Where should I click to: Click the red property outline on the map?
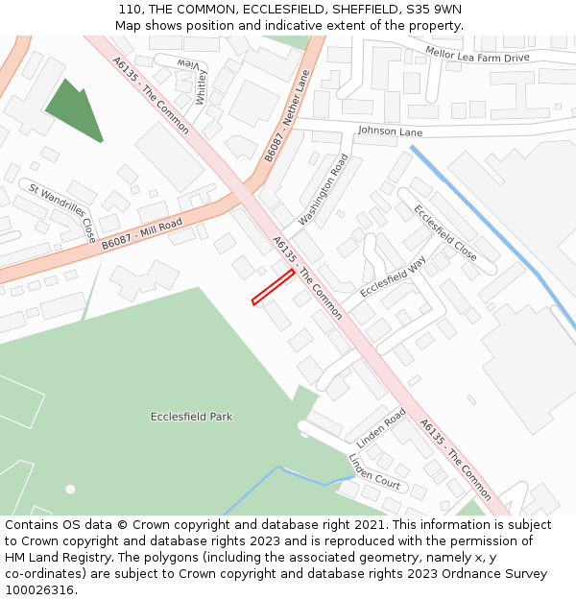[x=273, y=287]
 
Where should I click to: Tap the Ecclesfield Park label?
[x=191, y=417]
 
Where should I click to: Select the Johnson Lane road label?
[x=390, y=131]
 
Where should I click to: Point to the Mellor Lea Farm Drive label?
[x=477, y=58]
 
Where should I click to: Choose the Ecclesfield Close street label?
[x=444, y=232]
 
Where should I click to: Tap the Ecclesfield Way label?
[x=393, y=276]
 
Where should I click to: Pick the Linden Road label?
[x=381, y=427]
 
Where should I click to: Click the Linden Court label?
[x=374, y=471]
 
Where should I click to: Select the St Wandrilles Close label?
[x=62, y=212]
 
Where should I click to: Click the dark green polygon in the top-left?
[x=73, y=110]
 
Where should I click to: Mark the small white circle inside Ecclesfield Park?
[x=70, y=489]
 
